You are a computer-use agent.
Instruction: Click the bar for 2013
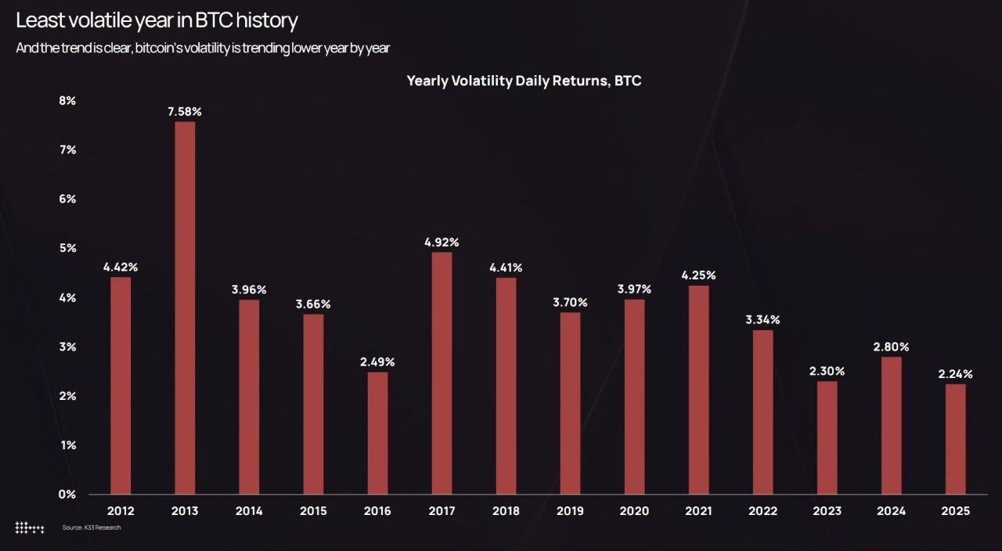tap(185, 308)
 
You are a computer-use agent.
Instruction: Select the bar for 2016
tap(377, 433)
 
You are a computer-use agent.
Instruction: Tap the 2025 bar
tap(955, 438)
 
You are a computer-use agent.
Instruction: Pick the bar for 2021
tap(698, 389)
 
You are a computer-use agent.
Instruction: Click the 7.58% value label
tap(185, 112)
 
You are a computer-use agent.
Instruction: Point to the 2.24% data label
tap(955, 375)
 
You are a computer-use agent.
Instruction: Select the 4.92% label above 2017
tap(442, 243)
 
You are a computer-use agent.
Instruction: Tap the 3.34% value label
tap(762, 320)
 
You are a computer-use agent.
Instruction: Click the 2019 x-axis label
tap(570, 511)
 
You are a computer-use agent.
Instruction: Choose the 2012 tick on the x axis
tap(121, 511)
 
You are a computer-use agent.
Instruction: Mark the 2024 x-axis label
tap(891, 511)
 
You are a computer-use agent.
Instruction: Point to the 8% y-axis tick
tap(67, 101)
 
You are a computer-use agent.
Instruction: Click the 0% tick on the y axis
tap(67, 494)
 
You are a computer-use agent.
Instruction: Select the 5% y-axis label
tap(67, 248)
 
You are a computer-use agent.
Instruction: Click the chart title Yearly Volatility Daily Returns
tap(524, 81)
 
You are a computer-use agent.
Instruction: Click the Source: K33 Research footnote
tap(92, 528)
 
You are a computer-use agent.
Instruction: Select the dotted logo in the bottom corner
tap(30, 528)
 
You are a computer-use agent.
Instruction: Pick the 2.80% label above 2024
tap(891, 347)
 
